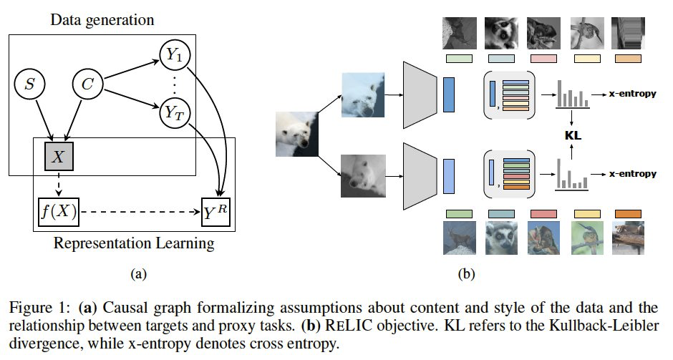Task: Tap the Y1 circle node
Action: pyautogui.click(x=172, y=54)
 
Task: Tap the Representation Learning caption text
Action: pyautogui.click(x=134, y=243)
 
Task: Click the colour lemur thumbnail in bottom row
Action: pyautogui.click(x=503, y=239)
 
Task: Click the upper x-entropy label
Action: pyautogui.click(x=633, y=94)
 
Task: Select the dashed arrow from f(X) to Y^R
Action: pyautogui.click(x=139, y=212)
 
